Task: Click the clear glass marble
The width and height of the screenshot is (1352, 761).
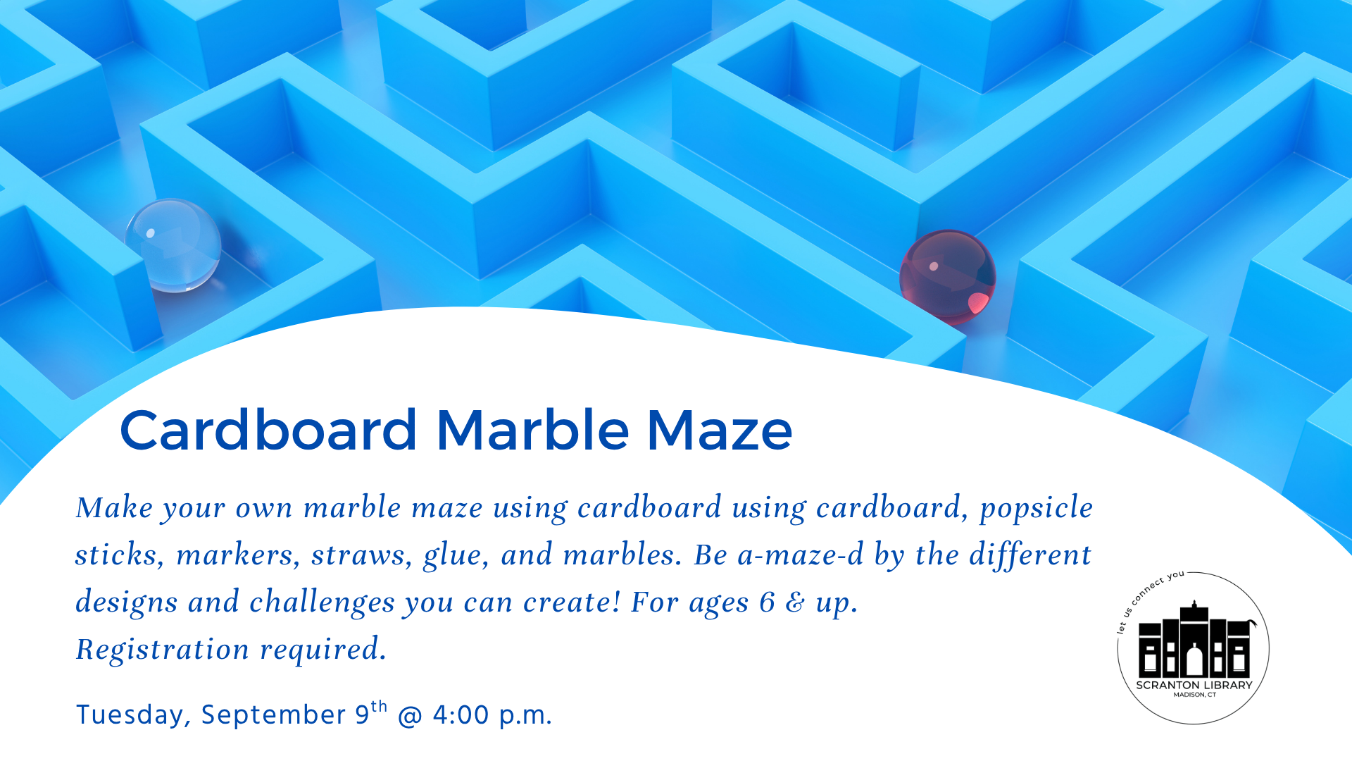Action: click(x=173, y=245)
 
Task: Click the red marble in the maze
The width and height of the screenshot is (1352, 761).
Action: click(x=948, y=277)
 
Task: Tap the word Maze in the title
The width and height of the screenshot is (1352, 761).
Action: click(x=720, y=430)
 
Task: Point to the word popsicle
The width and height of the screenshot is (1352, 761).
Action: click(x=1037, y=509)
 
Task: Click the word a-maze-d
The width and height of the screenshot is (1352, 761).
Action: click(x=800, y=555)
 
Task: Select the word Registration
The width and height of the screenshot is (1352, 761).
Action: click(x=163, y=650)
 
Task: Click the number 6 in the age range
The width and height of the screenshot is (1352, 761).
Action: click(x=767, y=602)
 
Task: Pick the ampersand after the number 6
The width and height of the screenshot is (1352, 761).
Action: click(x=796, y=603)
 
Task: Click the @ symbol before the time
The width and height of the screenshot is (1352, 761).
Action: click(x=410, y=715)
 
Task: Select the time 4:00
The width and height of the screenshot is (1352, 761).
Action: click(x=461, y=714)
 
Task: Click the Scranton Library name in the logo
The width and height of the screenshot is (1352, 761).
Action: click(x=1194, y=685)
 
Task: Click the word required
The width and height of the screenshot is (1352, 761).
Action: click(x=323, y=650)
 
